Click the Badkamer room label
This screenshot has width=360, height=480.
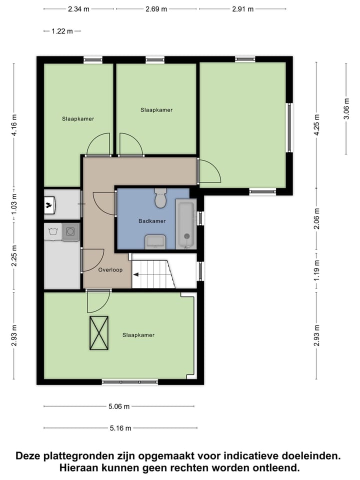(x=152, y=220)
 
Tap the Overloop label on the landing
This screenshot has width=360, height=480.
(x=110, y=269)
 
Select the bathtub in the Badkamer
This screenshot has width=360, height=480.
(x=186, y=223)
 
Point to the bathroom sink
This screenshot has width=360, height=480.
(x=155, y=241)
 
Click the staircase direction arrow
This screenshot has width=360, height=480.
(x=136, y=274)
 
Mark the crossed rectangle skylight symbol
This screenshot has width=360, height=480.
(x=99, y=333)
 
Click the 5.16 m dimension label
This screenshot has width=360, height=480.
(x=120, y=428)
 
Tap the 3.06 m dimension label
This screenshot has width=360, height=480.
(x=346, y=109)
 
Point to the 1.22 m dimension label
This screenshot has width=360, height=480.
(x=62, y=31)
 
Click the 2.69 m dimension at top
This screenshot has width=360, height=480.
(x=156, y=9)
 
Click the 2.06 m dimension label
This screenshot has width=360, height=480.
(x=316, y=220)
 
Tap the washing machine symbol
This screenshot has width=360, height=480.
(x=71, y=231)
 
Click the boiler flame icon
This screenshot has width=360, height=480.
(x=49, y=204)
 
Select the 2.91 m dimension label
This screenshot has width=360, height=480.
(x=243, y=9)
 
